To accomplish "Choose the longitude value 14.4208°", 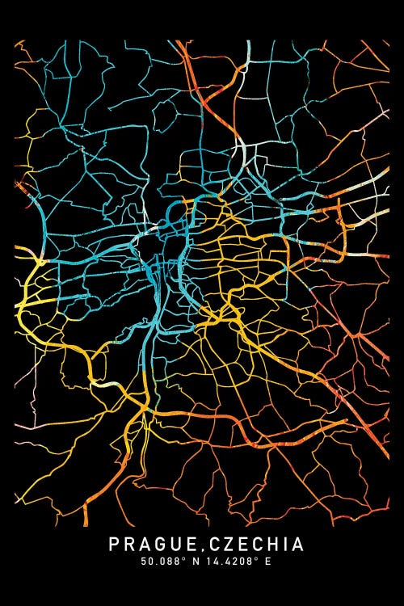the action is [225, 562].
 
